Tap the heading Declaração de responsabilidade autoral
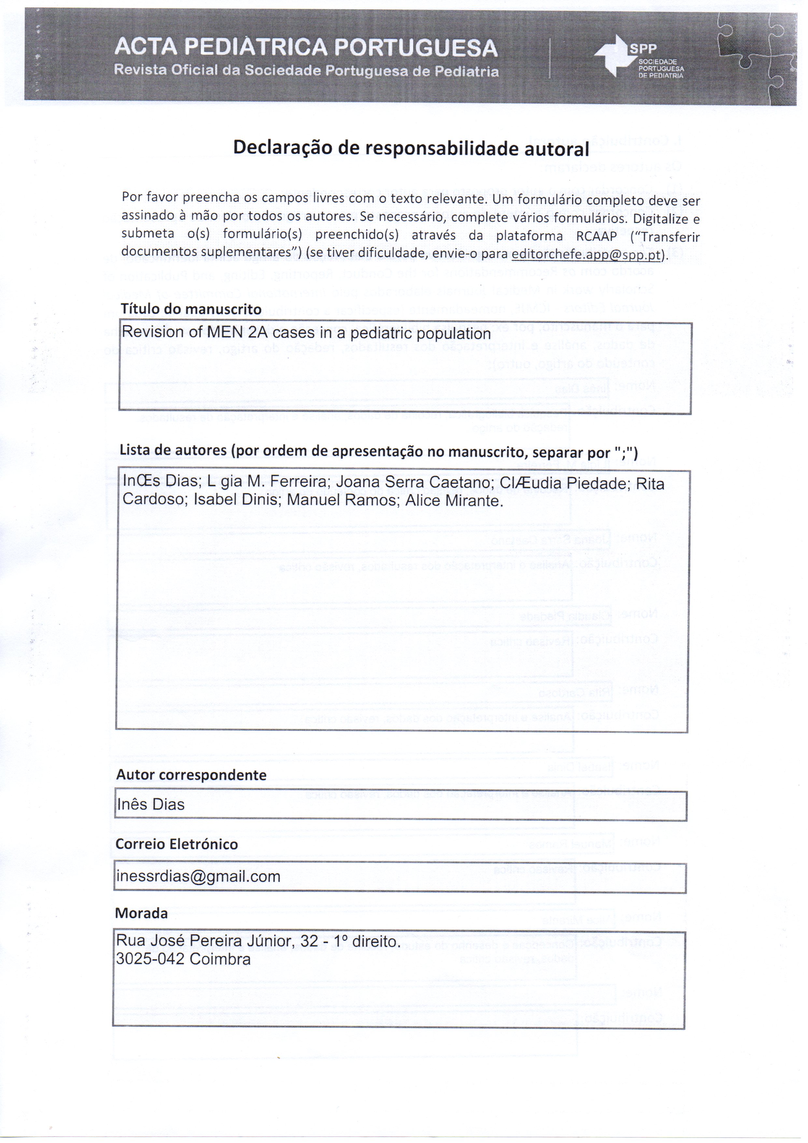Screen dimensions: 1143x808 click(x=411, y=148)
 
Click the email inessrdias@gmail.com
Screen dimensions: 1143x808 click(x=198, y=877)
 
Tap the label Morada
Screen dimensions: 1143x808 click(x=141, y=913)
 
